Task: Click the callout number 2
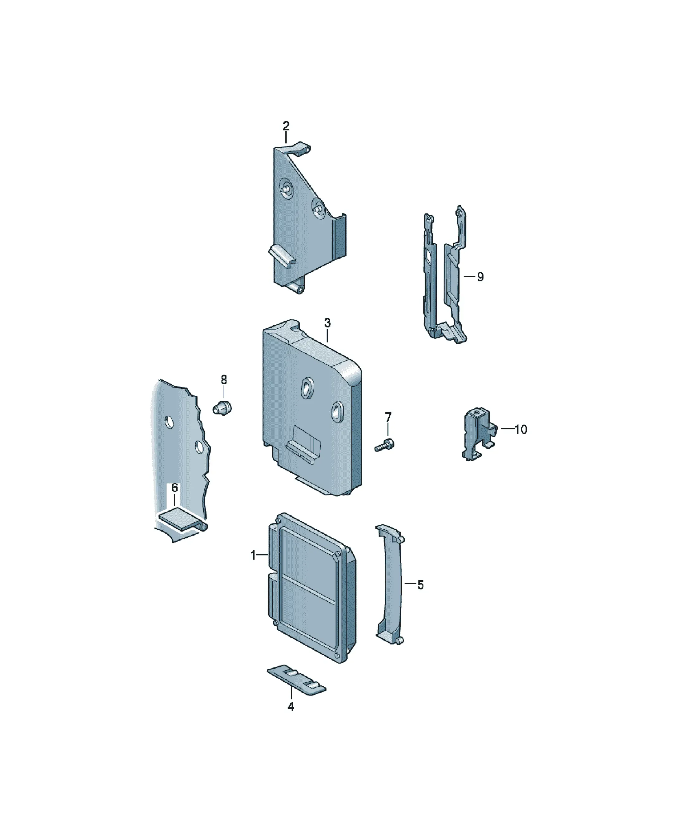coord(286,126)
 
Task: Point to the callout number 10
coord(521,430)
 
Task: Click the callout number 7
coord(388,417)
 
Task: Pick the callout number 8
coord(224,380)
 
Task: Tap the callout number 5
coord(421,596)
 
